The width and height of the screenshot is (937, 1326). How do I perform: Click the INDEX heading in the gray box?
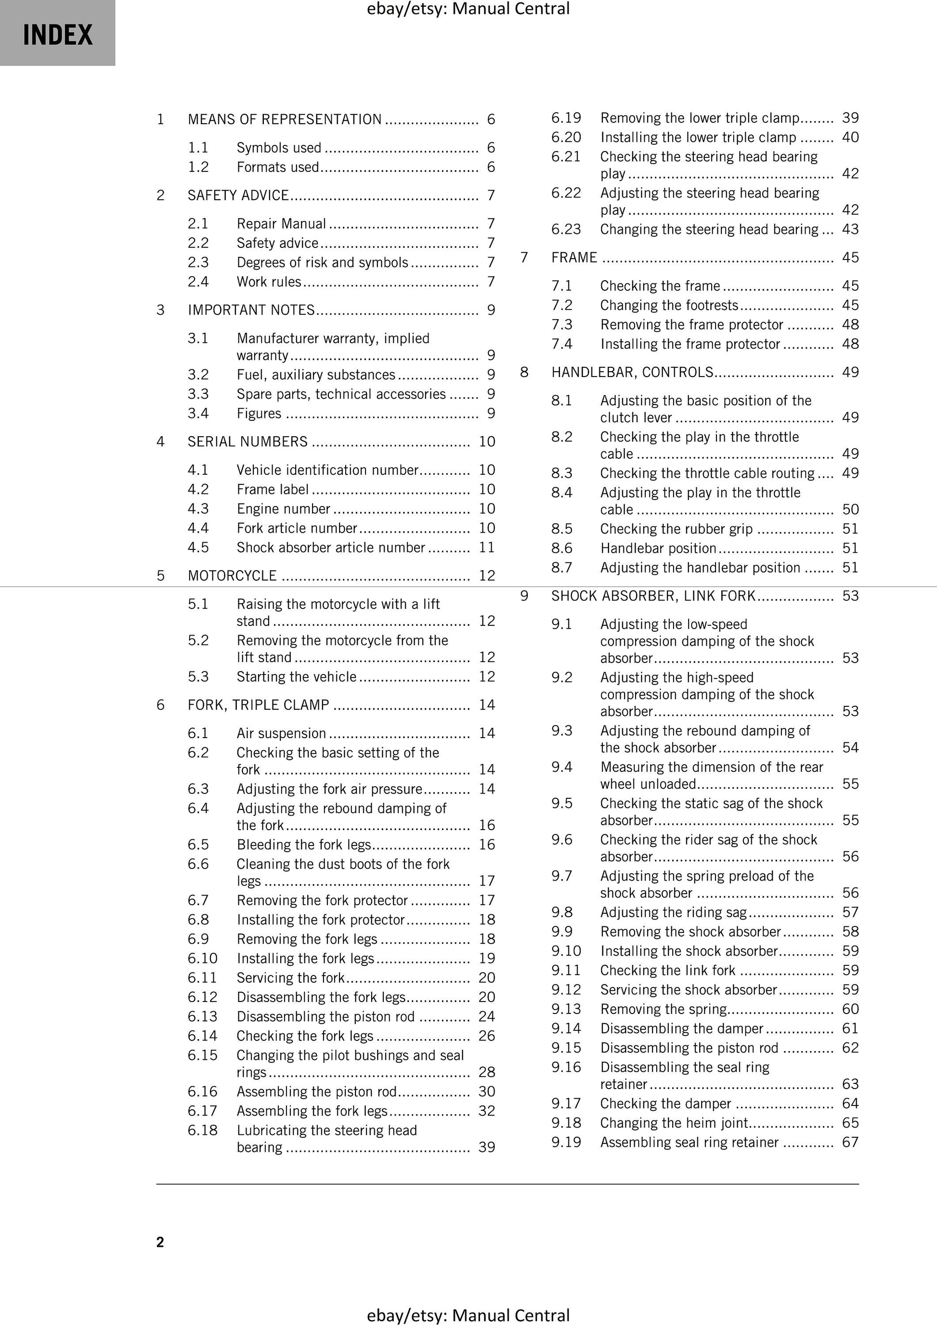pos(58,35)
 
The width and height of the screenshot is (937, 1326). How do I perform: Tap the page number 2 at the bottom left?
pos(160,1242)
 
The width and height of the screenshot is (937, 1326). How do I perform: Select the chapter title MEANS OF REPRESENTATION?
pos(284,119)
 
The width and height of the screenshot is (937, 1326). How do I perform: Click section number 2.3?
pos(198,262)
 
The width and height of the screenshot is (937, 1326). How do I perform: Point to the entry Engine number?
pos(283,509)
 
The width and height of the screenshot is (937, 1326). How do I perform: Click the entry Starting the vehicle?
pos(296,677)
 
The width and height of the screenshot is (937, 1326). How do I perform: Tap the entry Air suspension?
pos(281,733)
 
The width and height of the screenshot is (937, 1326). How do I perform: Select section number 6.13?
pos(202,1016)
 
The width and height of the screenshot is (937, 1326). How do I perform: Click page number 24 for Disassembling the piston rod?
pos(486,1016)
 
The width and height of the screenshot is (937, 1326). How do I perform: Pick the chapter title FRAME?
pos(574,258)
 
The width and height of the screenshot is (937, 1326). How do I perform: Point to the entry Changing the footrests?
pos(669,305)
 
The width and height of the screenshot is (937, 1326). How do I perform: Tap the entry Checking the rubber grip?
pos(676,529)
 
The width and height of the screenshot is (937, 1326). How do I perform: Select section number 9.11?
pos(566,970)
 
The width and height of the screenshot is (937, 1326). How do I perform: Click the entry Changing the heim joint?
pos(674,1123)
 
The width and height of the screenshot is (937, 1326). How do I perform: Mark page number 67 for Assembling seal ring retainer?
pos(850,1143)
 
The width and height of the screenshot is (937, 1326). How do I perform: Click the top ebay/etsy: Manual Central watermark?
pos(468,9)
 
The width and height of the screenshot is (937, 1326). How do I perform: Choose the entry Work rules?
pos(269,282)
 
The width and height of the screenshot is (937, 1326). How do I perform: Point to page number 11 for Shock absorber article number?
pos(486,547)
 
